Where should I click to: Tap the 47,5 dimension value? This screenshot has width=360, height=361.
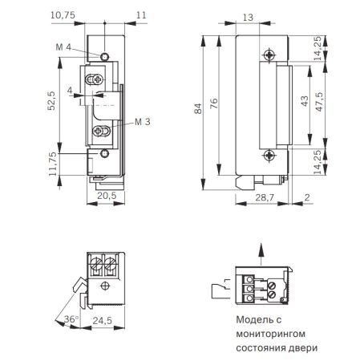[319, 103]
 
